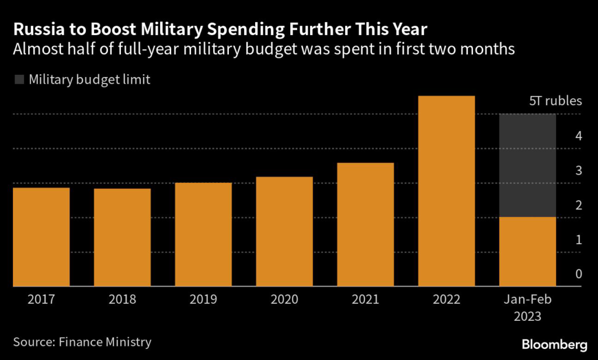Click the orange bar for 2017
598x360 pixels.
point(41,237)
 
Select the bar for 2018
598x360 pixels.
point(122,237)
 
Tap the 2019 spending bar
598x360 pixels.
point(203,234)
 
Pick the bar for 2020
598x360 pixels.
point(284,231)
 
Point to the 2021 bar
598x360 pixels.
point(366,224)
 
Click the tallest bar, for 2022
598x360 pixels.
point(447,191)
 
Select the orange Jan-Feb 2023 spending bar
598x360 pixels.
point(527,252)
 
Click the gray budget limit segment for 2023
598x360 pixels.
point(527,165)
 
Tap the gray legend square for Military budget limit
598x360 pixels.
point(19,80)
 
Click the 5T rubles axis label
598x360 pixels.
point(555,101)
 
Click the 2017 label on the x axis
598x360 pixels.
point(41,300)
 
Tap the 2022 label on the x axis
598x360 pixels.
point(447,300)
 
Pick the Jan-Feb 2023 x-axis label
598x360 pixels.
point(527,308)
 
